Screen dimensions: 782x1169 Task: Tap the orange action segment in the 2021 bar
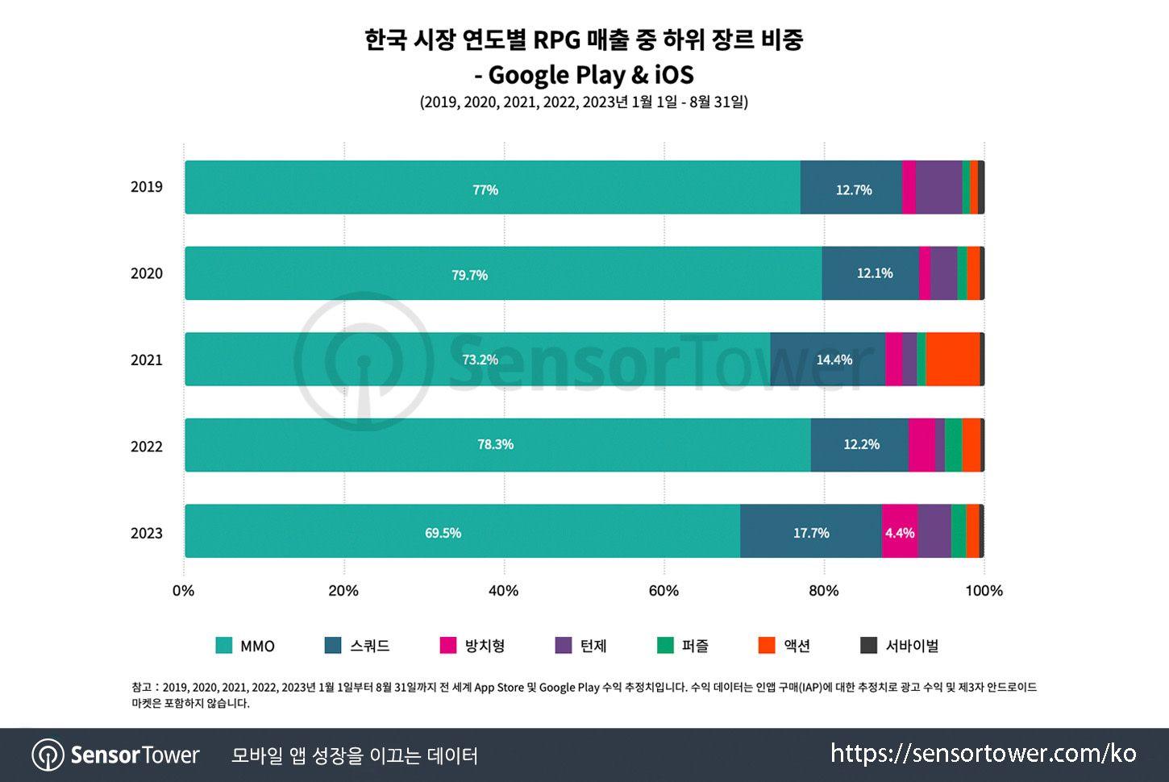click(x=952, y=360)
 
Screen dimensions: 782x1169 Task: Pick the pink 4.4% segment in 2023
click(x=899, y=532)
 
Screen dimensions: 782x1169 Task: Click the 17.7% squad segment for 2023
click(x=810, y=532)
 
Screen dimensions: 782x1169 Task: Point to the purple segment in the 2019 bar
click(x=938, y=188)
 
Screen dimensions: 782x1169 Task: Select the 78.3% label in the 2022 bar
click(x=495, y=445)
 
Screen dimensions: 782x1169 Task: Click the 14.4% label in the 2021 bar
click(x=834, y=360)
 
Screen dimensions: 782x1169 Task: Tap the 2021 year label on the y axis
click(x=146, y=360)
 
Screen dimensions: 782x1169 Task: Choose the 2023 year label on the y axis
click(x=146, y=533)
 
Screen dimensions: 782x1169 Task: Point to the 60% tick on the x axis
click(x=664, y=591)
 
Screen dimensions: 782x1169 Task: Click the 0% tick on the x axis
click(x=184, y=591)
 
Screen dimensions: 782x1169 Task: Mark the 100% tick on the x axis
click(x=984, y=591)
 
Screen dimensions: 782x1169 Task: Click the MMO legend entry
click(x=246, y=646)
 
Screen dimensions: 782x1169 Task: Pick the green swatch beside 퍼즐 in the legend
click(x=665, y=646)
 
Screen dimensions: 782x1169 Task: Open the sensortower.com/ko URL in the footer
click(x=983, y=754)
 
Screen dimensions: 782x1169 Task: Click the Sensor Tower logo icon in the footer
click(x=48, y=755)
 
